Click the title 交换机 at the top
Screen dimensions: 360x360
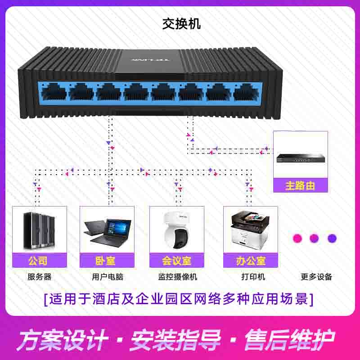coord(181,24)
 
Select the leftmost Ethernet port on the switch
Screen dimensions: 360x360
coord(54,93)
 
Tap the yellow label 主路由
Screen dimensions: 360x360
coord(300,185)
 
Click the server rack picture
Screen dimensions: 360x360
coord(40,229)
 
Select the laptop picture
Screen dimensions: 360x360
coord(107,230)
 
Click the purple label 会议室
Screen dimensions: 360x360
coord(176,261)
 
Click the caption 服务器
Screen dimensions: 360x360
coord(40,277)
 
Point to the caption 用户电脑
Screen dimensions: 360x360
coord(108,277)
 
